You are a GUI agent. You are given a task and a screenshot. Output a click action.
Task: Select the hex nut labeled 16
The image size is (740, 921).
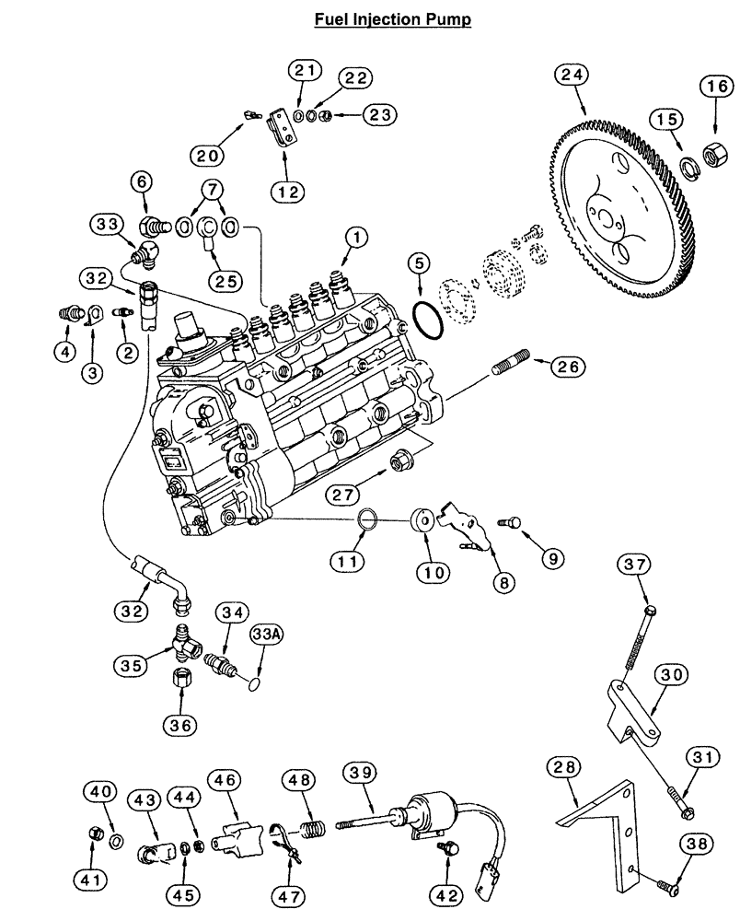[711, 150]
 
